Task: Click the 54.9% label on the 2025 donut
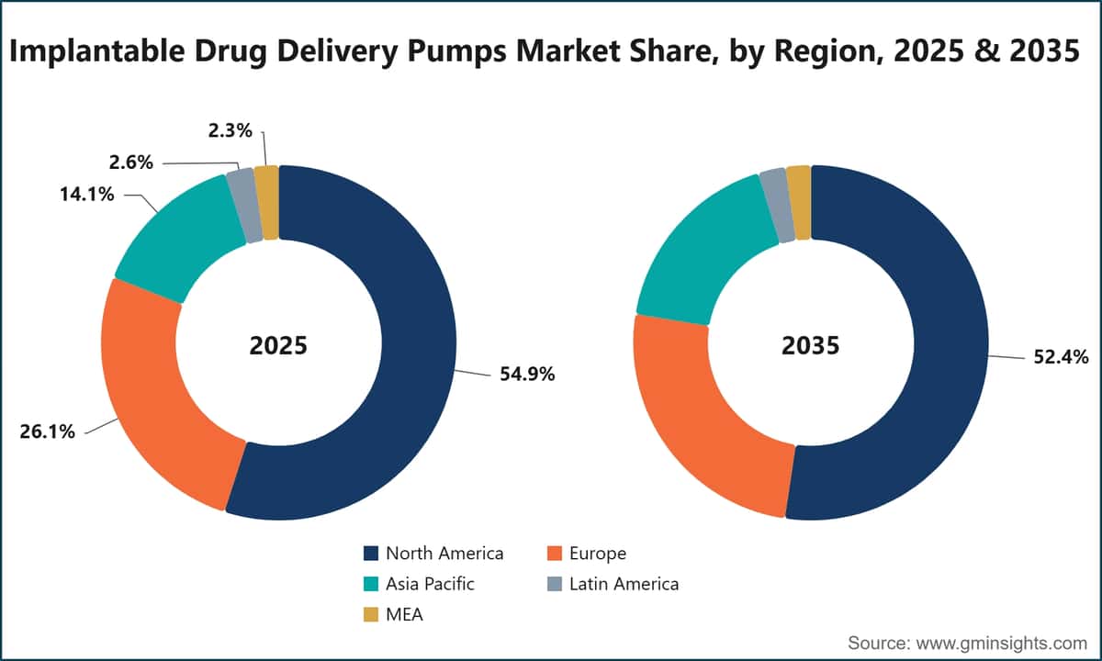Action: click(x=527, y=375)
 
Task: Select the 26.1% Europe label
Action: click(x=47, y=431)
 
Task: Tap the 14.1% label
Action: click(x=87, y=195)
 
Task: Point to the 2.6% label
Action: click(x=130, y=162)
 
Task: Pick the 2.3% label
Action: click(x=231, y=130)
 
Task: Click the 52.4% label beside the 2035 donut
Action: click(x=1061, y=357)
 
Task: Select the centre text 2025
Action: click(x=278, y=345)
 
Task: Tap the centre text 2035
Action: click(x=811, y=345)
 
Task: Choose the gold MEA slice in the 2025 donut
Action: click(x=266, y=203)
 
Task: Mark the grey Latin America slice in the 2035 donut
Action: click(x=777, y=206)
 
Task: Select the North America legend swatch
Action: click(x=371, y=554)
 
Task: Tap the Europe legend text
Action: click(x=598, y=554)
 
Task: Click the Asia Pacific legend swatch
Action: click(x=371, y=584)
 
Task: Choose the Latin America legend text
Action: click(x=624, y=584)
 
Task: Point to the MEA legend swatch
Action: click(x=371, y=614)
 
